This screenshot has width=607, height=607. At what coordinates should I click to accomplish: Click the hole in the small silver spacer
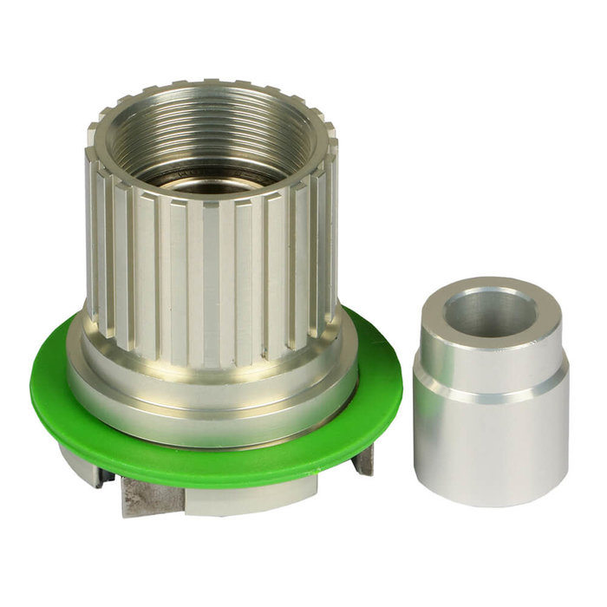click(x=491, y=312)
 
